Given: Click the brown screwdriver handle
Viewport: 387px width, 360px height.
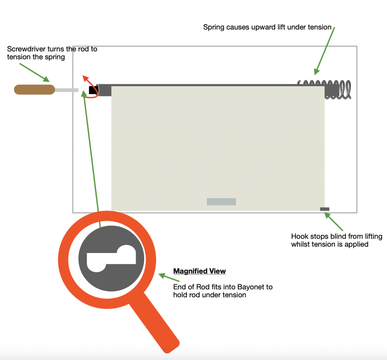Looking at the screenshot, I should click(x=34, y=90).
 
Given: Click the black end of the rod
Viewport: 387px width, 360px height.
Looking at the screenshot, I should click(x=93, y=90).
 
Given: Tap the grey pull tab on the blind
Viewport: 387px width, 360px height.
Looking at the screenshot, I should click(x=221, y=202).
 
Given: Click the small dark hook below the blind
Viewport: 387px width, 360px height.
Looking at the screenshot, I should click(x=325, y=209).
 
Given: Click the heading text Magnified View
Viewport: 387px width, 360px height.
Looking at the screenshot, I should click(x=200, y=271).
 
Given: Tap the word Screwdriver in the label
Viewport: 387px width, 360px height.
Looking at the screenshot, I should click(x=25, y=49).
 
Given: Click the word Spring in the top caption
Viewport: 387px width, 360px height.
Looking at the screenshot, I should click(x=213, y=27).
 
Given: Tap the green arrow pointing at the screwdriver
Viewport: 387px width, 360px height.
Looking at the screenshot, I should click(x=34, y=72).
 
